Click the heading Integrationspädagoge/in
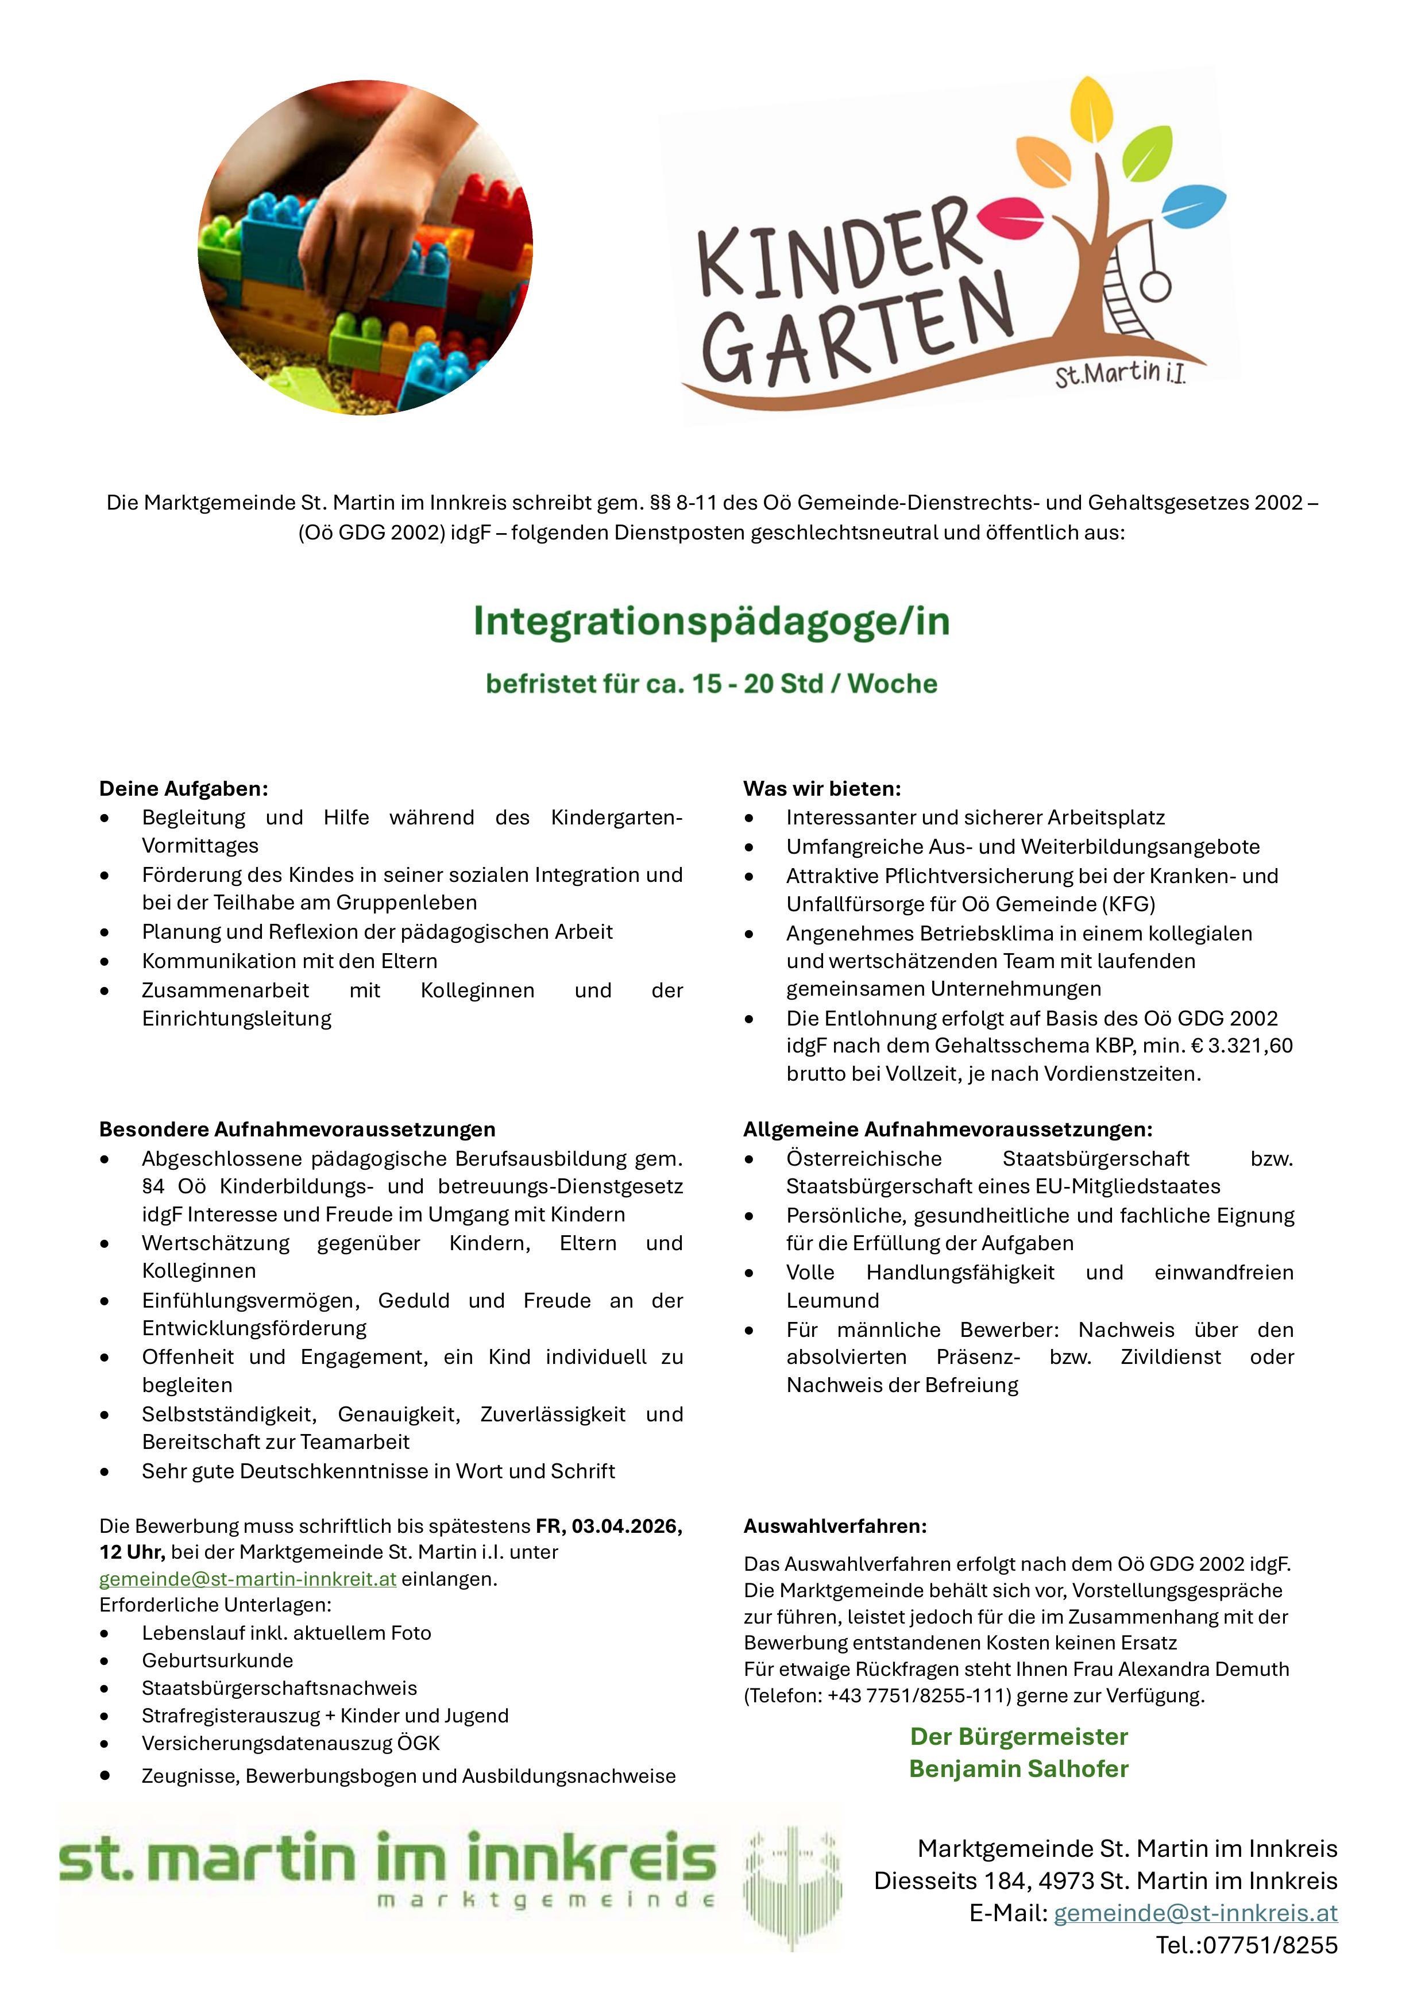711,622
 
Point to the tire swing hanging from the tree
1156,286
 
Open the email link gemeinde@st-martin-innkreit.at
248,1579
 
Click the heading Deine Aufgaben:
183,788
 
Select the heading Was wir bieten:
822,788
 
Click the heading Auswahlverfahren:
835,1526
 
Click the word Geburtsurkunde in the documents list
217,1660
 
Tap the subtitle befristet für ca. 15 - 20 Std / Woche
711,684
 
